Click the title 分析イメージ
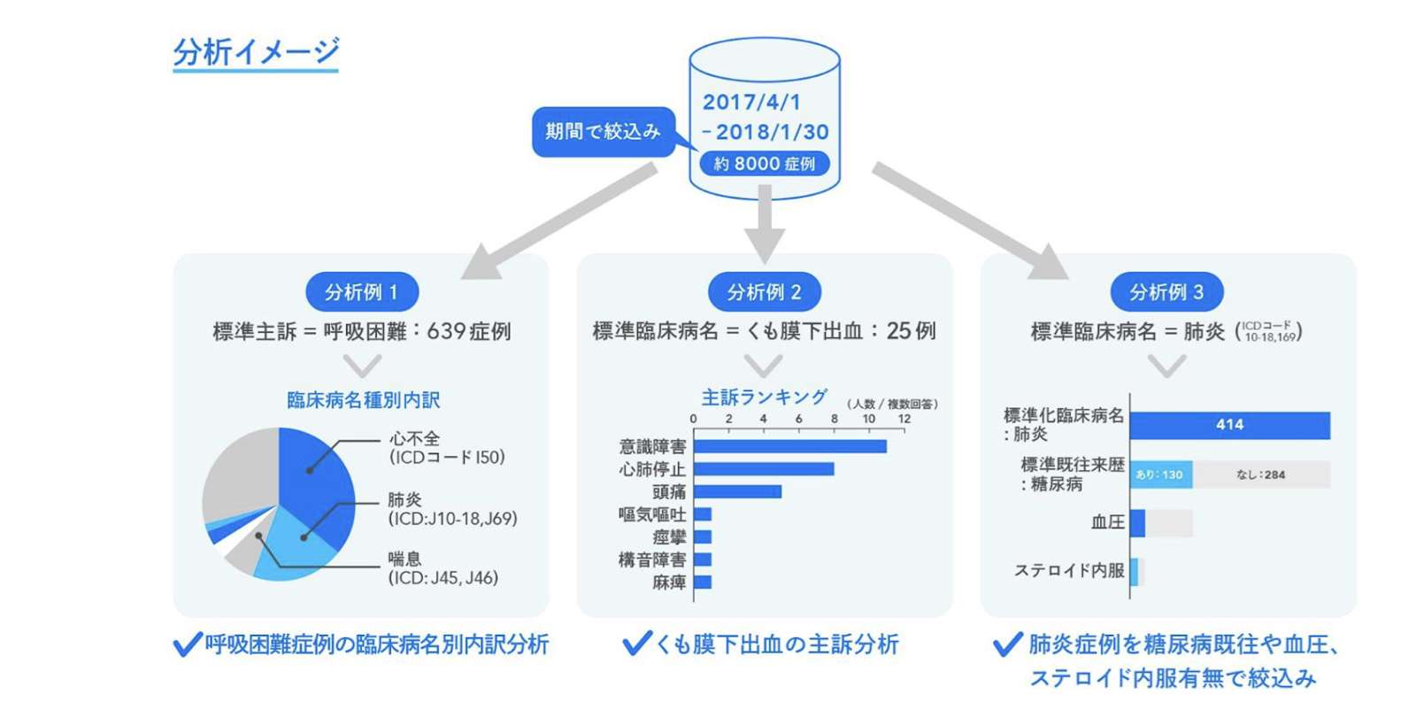(256, 51)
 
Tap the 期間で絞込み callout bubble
(603, 132)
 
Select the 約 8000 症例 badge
(765, 164)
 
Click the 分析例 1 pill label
(361, 292)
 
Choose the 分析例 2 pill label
(765, 292)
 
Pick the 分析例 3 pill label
(1166, 292)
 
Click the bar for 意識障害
(789, 446)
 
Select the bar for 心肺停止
(763, 469)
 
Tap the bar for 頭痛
(737, 491)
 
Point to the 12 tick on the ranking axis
(904, 419)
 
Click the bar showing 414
(1229, 425)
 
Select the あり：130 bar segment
(1160, 475)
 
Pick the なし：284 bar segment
(1261, 475)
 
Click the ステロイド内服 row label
(1069, 571)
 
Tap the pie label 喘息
(404, 559)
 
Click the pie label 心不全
(414, 439)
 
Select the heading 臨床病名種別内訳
(363, 400)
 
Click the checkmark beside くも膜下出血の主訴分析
(636, 644)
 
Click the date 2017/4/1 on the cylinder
(751, 102)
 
